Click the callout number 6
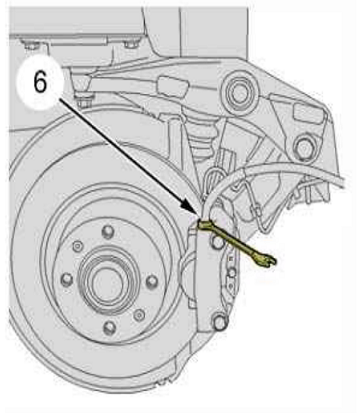pyautogui.click(x=40, y=82)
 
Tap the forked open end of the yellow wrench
pyautogui.click(x=269, y=260)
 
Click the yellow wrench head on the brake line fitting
pyautogui.click(x=204, y=225)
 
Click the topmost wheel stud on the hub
pyautogui.click(x=108, y=231)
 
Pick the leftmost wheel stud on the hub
pyautogui.click(x=67, y=279)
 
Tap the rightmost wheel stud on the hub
pyautogui.click(x=152, y=282)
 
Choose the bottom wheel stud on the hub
pyautogui.click(x=110, y=328)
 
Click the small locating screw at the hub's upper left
pyautogui.click(x=78, y=247)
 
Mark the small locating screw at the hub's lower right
pyautogui.click(x=139, y=315)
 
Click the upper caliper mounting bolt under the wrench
pyautogui.click(x=218, y=241)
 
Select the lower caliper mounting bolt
pyautogui.click(x=220, y=322)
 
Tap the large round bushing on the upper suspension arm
pyautogui.click(x=239, y=93)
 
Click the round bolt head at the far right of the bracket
pyautogui.click(x=303, y=147)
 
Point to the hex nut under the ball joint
pyautogui.click(x=82, y=101)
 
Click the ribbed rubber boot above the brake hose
pyautogui.click(x=203, y=138)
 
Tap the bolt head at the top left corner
pyautogui.click(x=31, y=46)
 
